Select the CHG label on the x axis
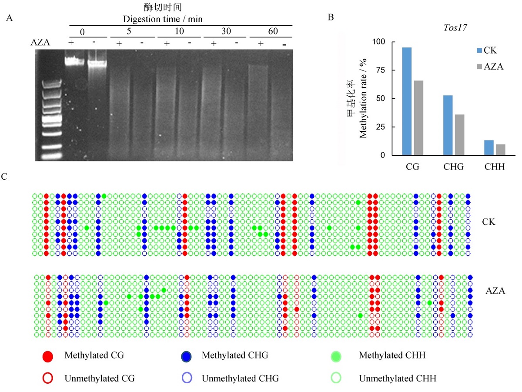tap(454, 167)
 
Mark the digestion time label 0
tap(82, 32)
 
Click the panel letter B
tap(331, 17)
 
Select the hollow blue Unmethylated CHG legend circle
tap(187, 378)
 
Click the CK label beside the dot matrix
tap(489, 222)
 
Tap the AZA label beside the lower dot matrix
tap(495, 291)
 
